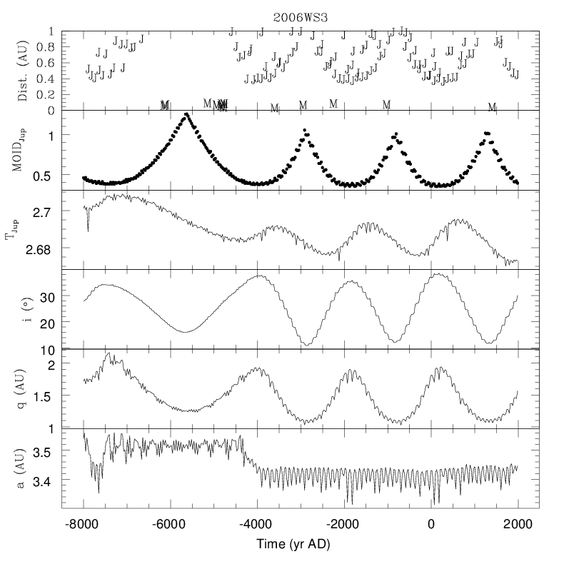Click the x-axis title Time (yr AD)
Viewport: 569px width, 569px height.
pyautogui.click(x=300, y=544)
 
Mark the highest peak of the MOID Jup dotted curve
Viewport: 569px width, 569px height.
pyautogui.click(x=187, y=114)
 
